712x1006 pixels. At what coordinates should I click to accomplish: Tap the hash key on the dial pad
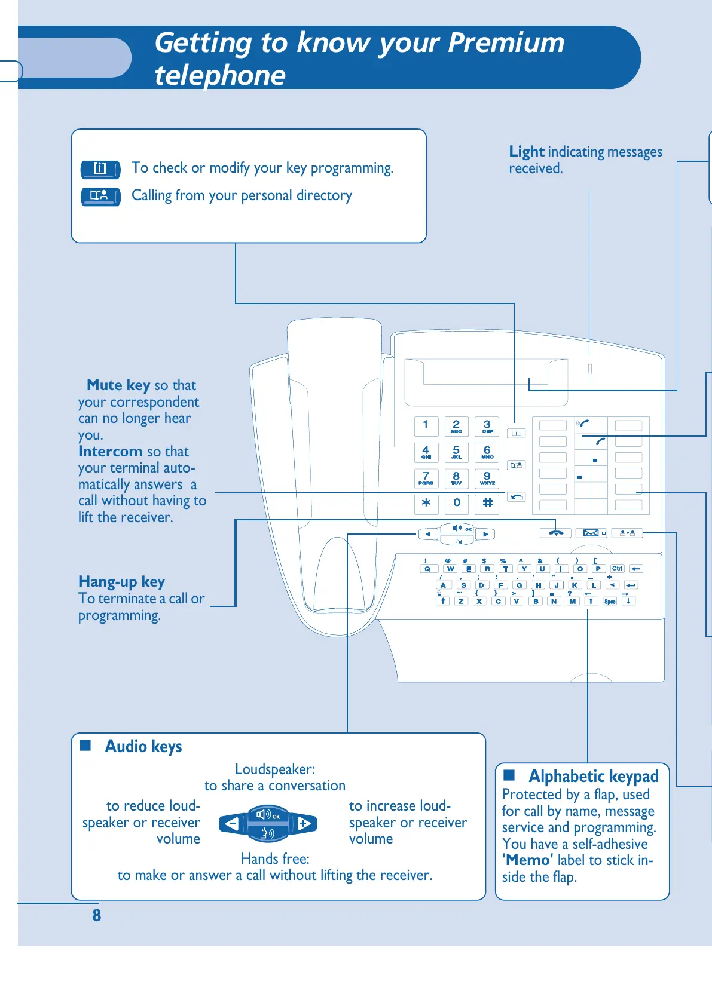click(487, 503)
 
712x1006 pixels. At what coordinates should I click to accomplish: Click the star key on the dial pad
click(426, 503)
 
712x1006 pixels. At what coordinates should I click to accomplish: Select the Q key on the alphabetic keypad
click(427, 569)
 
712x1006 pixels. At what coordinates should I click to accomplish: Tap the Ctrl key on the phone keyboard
click(618, 569)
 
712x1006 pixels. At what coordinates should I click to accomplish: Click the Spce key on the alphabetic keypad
click(610, 601)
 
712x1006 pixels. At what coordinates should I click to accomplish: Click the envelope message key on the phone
click(591, 533)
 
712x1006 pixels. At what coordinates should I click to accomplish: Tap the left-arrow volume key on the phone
click(428, 534)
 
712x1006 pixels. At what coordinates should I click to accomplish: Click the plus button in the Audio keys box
click(304, 824)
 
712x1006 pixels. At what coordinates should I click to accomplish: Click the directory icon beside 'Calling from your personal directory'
click(100, 196)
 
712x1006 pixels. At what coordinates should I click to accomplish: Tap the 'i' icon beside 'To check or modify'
click(100, 169)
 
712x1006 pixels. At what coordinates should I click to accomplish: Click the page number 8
click(97, 915)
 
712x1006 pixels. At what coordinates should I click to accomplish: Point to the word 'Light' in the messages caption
click(526, 152)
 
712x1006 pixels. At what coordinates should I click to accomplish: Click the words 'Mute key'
click(118, 385)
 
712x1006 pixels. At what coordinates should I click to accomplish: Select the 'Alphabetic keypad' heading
click(593, 776)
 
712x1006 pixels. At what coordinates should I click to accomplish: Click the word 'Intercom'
click(110, 451)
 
